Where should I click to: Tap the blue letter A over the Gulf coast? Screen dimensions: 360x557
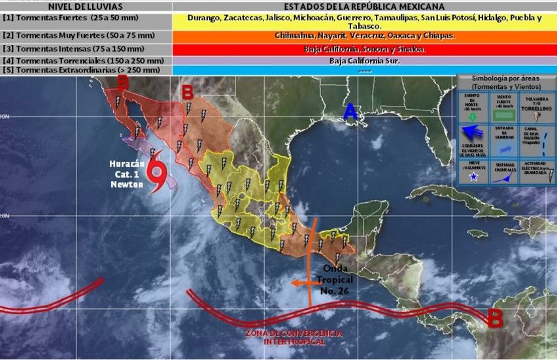tap(350, 113)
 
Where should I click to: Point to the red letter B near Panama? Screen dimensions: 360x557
tap(495, 319)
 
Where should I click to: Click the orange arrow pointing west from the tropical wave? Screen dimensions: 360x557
tap(302, 283)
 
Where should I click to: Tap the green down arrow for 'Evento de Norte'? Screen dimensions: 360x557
tap(473, 117)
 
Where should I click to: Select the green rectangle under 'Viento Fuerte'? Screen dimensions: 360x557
tap(505, 116)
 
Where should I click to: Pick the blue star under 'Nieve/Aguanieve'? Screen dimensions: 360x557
tap(473, 176)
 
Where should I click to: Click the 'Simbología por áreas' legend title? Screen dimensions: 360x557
tap(506, 82)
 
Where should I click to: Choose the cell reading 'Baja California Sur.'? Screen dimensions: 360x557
tap(364, 61)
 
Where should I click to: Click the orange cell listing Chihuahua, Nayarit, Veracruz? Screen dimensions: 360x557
tap(364, 35)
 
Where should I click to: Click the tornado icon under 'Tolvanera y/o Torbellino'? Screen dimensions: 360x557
tap(537, 118)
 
